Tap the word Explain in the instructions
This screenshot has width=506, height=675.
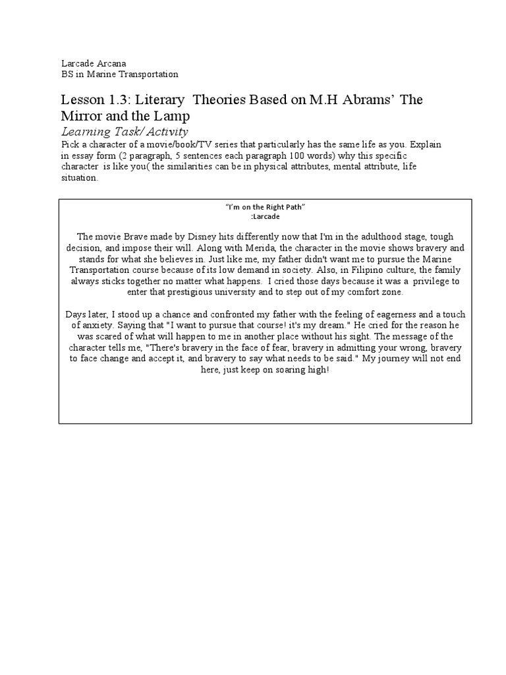tap(424, 144)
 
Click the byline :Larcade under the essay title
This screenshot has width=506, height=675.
tap(265, 216)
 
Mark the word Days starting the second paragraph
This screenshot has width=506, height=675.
tap(76, 314)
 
